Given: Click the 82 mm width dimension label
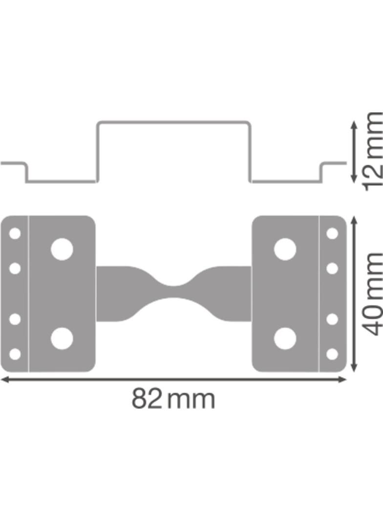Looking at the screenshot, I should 173,399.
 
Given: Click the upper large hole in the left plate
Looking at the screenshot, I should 62,249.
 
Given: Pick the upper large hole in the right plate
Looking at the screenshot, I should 285,249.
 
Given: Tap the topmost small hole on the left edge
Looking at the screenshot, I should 15,234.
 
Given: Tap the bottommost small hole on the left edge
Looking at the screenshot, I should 15,353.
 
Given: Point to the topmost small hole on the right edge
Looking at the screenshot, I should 332,234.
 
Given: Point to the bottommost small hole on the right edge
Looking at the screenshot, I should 332,353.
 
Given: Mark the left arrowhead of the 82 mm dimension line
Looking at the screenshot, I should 4,380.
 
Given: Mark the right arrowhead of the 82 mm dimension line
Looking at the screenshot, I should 343,380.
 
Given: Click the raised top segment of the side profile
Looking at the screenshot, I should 173,122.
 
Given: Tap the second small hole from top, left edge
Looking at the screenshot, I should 15,268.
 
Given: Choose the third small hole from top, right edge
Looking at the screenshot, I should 332,319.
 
